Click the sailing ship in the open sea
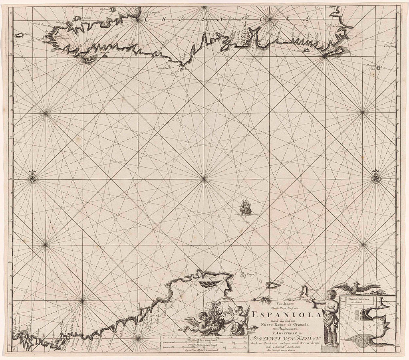245,208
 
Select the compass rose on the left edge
33,178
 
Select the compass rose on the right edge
376,178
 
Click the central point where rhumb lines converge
204,179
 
